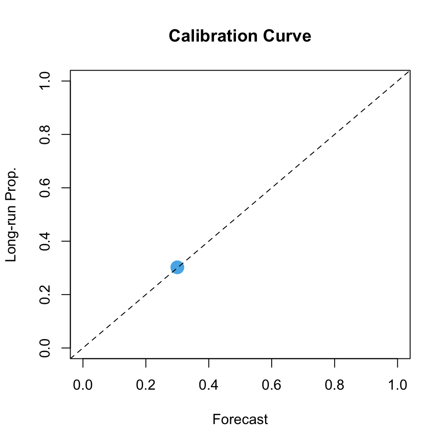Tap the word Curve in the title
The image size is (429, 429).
(x=289, y=36)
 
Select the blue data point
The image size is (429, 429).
(x=177, y=268)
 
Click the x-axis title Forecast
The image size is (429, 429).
(x=240, y=420)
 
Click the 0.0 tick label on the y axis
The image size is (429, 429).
(x=45, y=348)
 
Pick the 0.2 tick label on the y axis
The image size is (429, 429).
(x=45, y=294)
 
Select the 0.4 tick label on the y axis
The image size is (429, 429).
(x=45, y=241)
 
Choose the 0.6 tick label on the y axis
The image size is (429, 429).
(x=45, y=188)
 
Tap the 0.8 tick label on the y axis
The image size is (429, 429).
(x=45, y=135)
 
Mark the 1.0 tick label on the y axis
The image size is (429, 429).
(x=45, y=81)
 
